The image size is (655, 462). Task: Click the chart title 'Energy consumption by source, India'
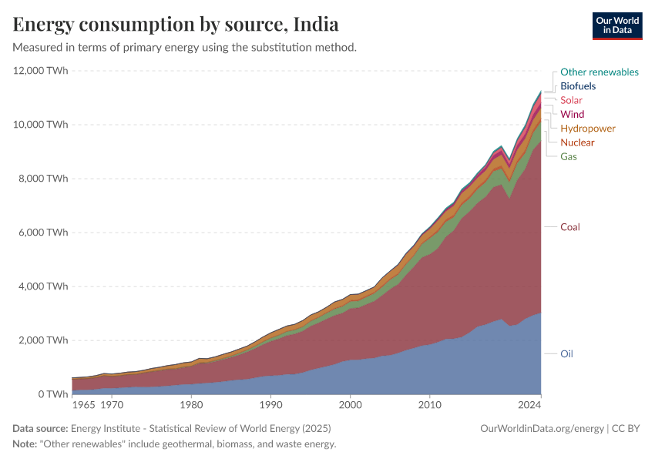pos(176,24)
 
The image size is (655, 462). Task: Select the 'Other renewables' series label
pos(599,72)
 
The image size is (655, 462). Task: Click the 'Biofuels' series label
pos(577,86)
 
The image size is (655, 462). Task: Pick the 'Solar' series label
pos(571,100)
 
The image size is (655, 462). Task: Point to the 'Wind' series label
pos(572,114)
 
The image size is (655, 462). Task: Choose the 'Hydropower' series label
pos(587,128)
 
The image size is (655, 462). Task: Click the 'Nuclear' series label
pos(577,142)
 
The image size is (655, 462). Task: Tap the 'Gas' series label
pos(569,156)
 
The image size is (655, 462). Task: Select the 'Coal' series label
pos(569,227)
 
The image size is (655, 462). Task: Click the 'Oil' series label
pos(566,354)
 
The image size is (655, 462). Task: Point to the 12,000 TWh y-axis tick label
pos(41,71)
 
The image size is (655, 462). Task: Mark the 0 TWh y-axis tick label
pos(52,394)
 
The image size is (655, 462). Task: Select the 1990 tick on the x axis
pos(270,404)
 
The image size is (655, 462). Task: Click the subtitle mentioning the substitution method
pos(184,47)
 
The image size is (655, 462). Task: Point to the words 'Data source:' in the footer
pos(40,428)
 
